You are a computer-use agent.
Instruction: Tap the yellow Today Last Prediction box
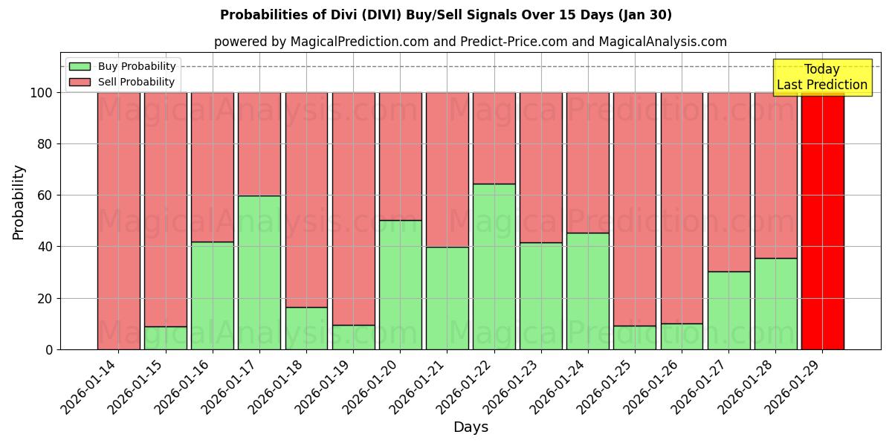point(821,77)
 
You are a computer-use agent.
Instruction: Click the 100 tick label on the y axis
point(42,93)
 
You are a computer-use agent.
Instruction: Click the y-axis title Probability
point(19,202)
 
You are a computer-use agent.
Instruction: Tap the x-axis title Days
point(471,427)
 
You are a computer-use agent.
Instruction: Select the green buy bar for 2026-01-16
point(213,295)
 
